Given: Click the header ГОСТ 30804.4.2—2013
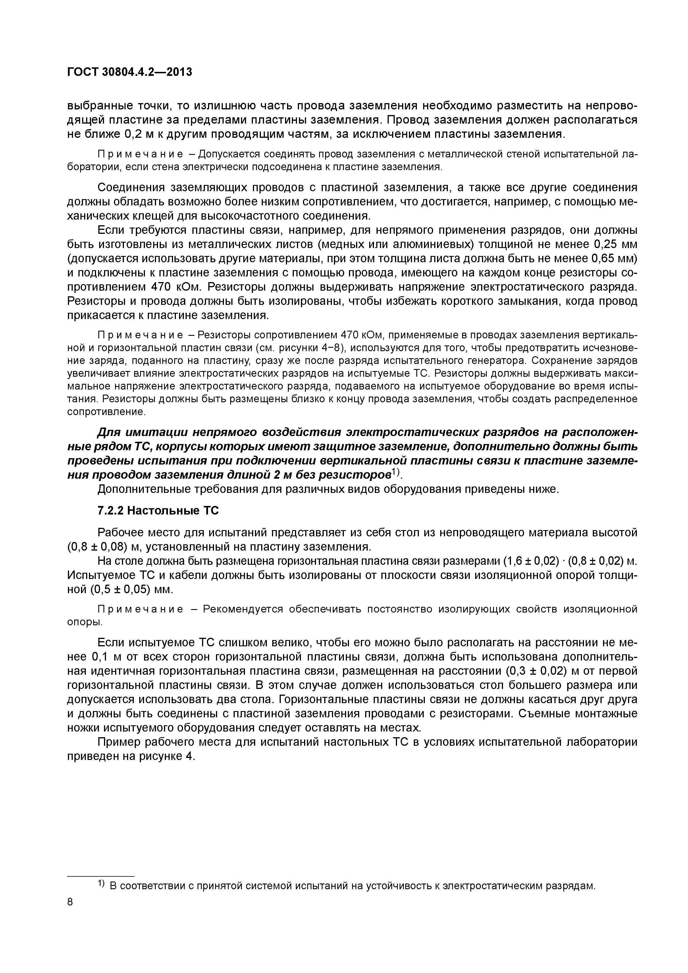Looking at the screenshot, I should [x=130, y=72].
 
